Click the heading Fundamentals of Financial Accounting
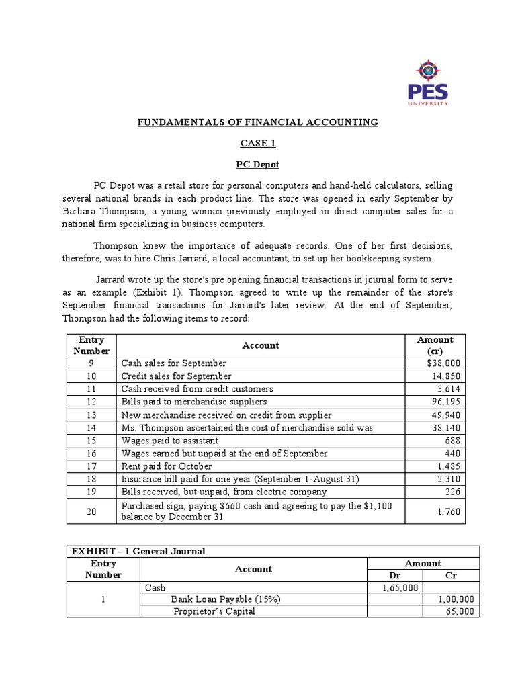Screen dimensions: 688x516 (x=258, y=122)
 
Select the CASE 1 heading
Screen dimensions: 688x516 (x=258, y=144)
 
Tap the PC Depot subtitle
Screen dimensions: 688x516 (x=258, y=165)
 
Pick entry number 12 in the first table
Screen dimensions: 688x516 (x=92, y=402)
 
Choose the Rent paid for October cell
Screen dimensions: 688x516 (x=167, y=466)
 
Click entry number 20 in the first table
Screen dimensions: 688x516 (x=92, y=511)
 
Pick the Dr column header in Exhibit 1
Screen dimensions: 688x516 (x=394, y=576)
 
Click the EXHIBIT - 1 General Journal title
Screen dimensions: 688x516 (x=138, y=551)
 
